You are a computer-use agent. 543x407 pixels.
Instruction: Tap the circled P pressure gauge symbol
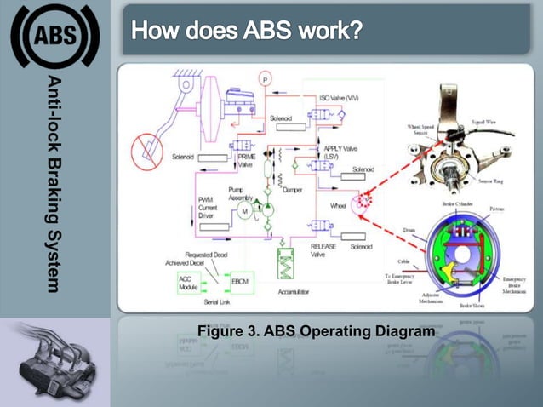[266, 79]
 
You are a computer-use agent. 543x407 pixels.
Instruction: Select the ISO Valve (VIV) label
[339, 99]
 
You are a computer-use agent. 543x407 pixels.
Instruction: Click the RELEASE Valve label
[323, 249]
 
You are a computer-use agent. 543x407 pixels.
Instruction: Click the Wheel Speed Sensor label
[423, 130]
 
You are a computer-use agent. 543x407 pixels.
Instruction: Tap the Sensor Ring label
[494, 181]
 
